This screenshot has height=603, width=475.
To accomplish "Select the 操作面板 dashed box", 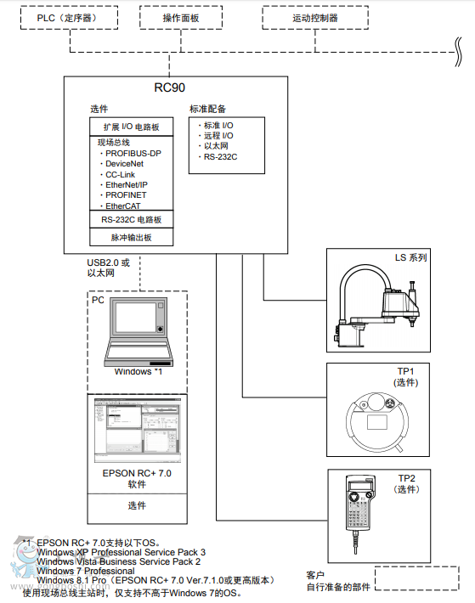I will pos(181,17).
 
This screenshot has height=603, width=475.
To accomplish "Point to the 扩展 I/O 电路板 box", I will pos(132,126).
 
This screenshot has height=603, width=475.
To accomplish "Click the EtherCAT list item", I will pos(124,206).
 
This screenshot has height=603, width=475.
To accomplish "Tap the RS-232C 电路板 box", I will pos(132,220).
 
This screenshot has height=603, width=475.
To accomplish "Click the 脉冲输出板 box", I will pos(132,239).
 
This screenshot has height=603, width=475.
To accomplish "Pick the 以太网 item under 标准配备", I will pos(215,146).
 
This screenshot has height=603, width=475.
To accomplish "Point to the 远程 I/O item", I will pos(218,135).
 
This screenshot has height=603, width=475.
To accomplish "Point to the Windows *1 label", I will pos(138,372).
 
